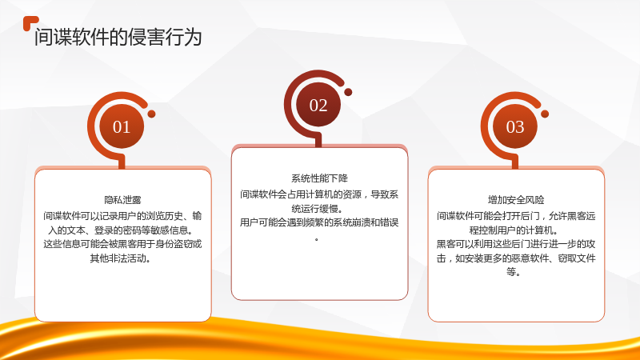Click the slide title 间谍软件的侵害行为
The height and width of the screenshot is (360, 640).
[118, 37]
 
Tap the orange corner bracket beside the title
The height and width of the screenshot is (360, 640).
[29, 22]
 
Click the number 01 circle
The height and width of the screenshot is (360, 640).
[122, 126]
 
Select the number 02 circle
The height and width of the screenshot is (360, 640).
[318, 105]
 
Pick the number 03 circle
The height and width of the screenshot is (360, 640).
[515, 126]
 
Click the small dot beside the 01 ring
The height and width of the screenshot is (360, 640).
[151, 114]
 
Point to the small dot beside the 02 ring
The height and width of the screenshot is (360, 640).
[348, 92]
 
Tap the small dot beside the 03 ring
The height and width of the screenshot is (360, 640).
[545, 114]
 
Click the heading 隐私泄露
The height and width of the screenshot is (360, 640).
[122, 200]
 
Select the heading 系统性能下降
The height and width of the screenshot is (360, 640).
[319, 178]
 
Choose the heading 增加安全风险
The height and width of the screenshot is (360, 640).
[516, 200]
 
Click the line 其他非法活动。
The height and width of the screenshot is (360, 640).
[121, 258]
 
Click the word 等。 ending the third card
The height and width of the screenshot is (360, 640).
[513, 272]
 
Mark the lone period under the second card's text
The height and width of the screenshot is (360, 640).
[317, 239]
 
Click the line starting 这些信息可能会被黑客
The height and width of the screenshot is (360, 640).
[122, 244]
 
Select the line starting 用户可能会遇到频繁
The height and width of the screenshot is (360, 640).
[319, 222]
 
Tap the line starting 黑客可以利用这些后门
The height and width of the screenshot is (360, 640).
[516, 244]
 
